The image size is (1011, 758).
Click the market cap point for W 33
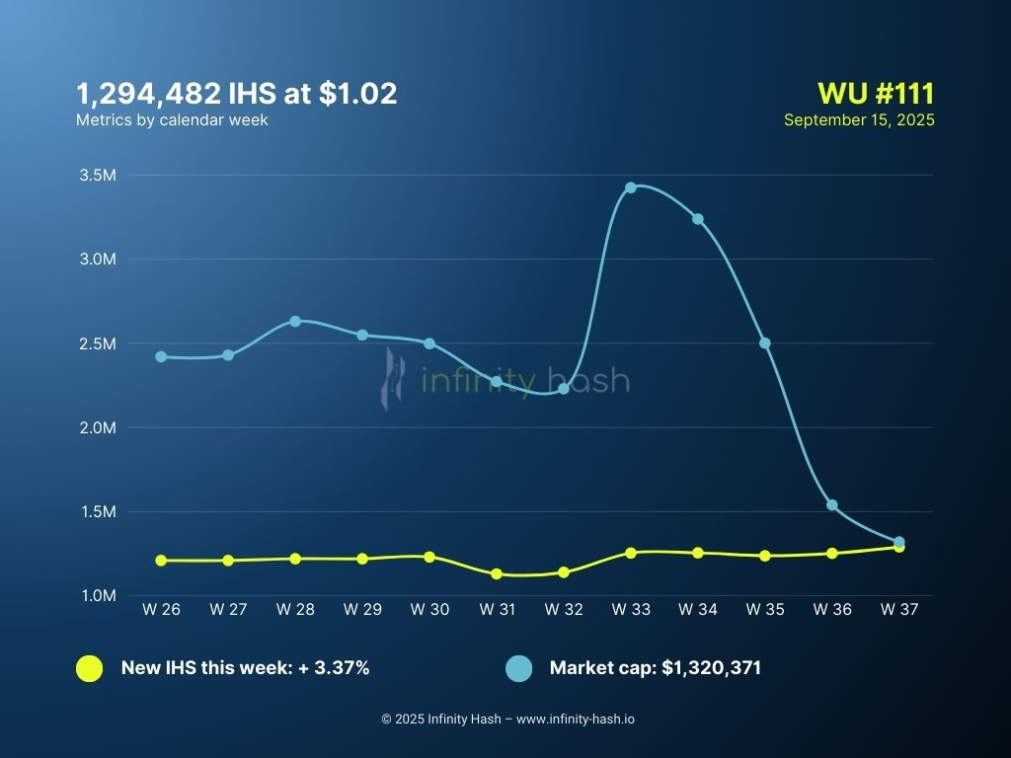(x=631, y=188)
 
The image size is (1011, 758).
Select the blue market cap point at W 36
(x=832, y=505)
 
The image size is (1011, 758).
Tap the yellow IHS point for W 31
(x=497, y=573)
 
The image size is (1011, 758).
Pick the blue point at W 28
(x=295, y=322)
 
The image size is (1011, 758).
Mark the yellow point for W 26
(x=161, y=561)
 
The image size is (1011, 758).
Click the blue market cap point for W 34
(x=698, y=219)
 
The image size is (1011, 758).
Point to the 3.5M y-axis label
(x=97, y=176)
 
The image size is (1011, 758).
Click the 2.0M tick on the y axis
(x=97, y=427)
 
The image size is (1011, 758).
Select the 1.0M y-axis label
(x=97, y=596)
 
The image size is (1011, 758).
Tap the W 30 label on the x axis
(x=429, y=610)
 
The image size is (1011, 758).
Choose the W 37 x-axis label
(x=898, y=610)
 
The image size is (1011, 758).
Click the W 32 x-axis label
(x=564, y=610)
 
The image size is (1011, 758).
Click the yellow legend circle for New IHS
(x=89, y=668)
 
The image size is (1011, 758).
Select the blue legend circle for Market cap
(x=518, y=668)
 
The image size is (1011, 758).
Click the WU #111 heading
(x=876, y=94)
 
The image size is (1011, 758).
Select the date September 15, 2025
(x=859, y=119)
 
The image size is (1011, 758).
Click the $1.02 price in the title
(x=357, y=94)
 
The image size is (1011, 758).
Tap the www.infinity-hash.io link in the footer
(x=576, y=719)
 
